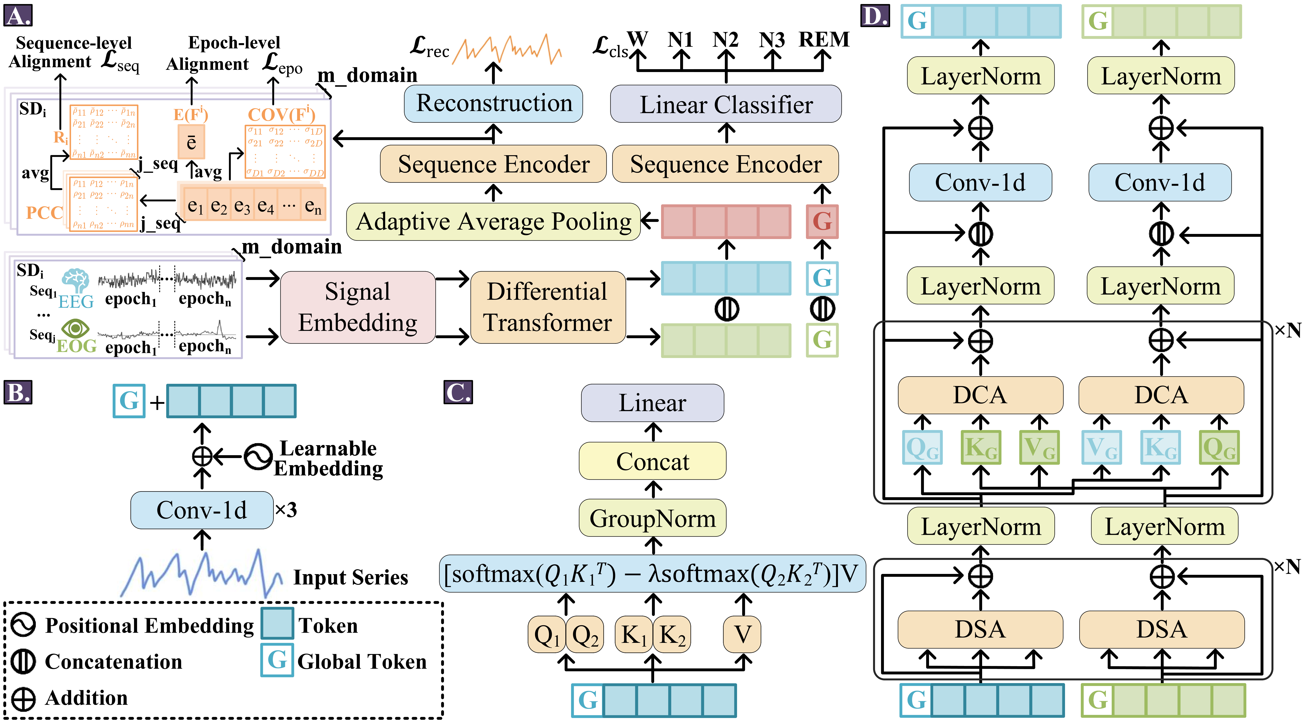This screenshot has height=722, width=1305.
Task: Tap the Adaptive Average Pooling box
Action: tap(493, 221)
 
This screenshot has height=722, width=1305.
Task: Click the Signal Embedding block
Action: tap(358, 307)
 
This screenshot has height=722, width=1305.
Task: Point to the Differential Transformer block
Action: tap(548, 307)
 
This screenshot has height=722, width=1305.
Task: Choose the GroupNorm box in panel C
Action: tap(652, 518)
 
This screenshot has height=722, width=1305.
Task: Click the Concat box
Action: tap(652, 461)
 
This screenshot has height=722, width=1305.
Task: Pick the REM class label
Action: tap(824, 40)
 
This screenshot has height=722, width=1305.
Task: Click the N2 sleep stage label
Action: tap(725, 40)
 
